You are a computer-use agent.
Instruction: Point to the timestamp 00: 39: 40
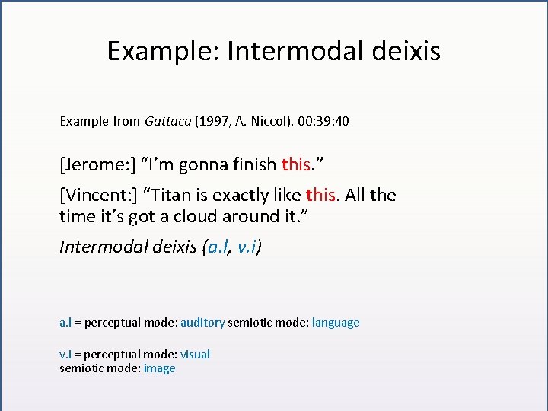point(323,121)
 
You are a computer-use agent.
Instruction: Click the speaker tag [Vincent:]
point(94,195)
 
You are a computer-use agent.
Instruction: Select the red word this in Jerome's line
point(295,164)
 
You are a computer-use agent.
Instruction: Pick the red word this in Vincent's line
point(320,195)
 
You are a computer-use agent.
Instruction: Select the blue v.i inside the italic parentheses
point(247,247)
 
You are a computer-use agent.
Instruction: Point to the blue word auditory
point(202,323)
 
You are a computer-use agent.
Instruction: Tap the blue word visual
point(195,355)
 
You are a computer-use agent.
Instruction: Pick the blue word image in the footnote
point(159,368)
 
